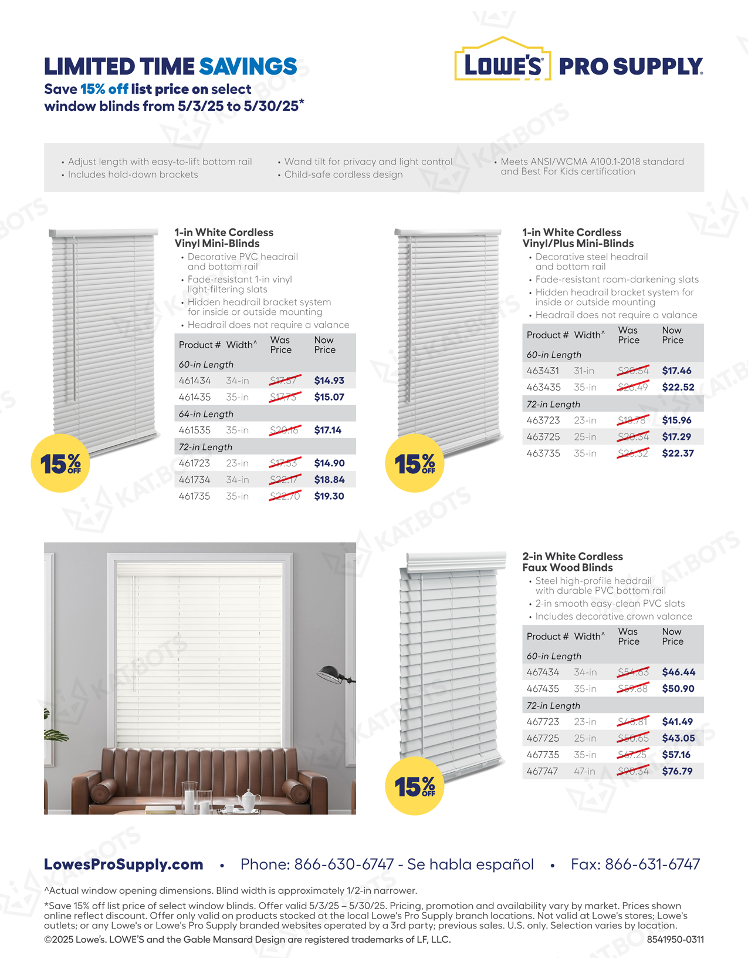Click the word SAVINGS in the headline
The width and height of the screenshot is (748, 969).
(x=248, y=66)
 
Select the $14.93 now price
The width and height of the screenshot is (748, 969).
(x=329, y=381)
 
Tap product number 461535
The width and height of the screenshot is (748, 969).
(x=194, y=430)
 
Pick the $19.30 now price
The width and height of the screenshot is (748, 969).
(x=329, y=496)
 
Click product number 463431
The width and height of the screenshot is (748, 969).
(x=543, y=371)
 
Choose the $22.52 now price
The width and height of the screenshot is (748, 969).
(x=678, y=388)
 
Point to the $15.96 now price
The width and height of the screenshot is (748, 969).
(x=676, y=420)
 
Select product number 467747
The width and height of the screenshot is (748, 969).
(x=543, y=772)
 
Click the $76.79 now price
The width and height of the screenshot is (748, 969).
(x=677, y=772)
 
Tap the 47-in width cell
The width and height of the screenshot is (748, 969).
(x=584, y=772)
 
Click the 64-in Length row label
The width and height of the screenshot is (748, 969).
(x=206, y=414)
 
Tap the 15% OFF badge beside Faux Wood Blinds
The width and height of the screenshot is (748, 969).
(x=414, y=786)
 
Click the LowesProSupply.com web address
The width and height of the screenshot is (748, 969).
(x=124, y=864)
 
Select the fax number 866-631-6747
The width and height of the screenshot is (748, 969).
(x=652, y=864)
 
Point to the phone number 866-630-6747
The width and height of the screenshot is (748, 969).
(x=344, y=864)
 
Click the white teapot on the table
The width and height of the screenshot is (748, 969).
(x=249, y=799)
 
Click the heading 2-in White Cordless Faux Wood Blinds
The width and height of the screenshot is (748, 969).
(x=573, y=562)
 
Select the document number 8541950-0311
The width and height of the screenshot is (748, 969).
(x=675, y=940)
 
